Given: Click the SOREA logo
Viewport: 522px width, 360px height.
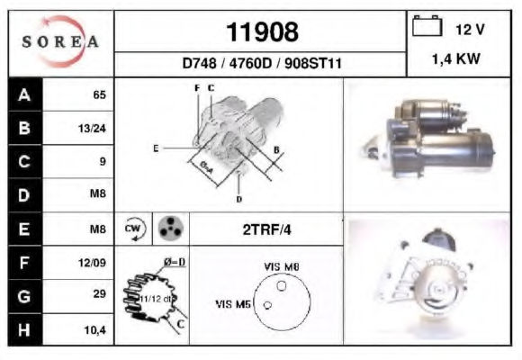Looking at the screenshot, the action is point(60,41).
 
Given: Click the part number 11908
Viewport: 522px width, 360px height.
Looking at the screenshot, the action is point(262,32).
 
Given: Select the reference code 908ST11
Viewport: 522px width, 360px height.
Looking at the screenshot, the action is point(313,63).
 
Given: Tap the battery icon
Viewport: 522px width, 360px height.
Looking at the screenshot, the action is point(427,26).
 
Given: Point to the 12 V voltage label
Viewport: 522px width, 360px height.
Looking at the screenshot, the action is point(470,30).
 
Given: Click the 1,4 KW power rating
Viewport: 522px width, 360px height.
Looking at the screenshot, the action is point(456,59).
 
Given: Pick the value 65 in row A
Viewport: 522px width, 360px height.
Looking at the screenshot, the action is point(99,94).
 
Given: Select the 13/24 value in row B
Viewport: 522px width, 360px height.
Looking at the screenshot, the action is point(92,128).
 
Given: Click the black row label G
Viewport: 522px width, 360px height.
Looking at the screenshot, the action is point(25,296).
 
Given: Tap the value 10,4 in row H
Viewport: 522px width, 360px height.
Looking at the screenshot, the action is point(94,330).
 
